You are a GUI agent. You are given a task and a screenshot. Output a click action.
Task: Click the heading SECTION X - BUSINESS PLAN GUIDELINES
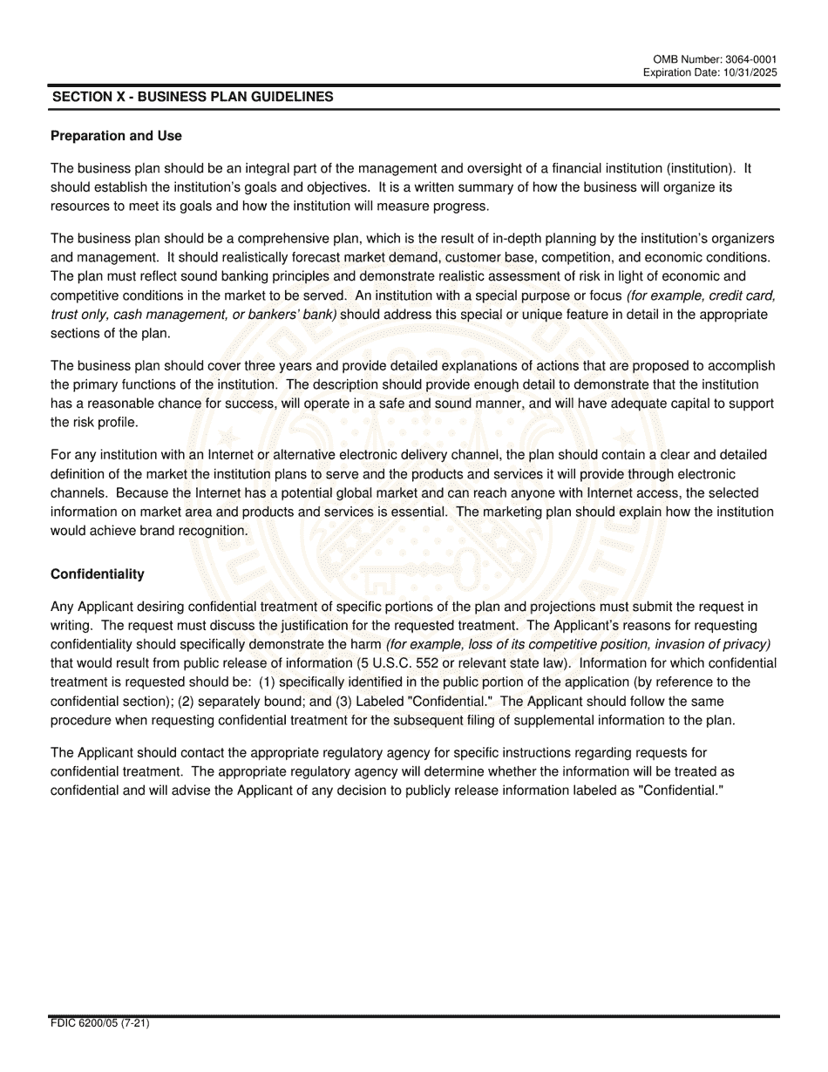193,98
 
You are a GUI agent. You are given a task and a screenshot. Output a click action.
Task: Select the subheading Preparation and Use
116,136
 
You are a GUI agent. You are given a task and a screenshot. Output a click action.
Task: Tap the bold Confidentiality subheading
98,574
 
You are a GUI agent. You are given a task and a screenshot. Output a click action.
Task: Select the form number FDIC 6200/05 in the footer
87,1023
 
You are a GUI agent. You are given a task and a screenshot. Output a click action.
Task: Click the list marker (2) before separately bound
186,702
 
